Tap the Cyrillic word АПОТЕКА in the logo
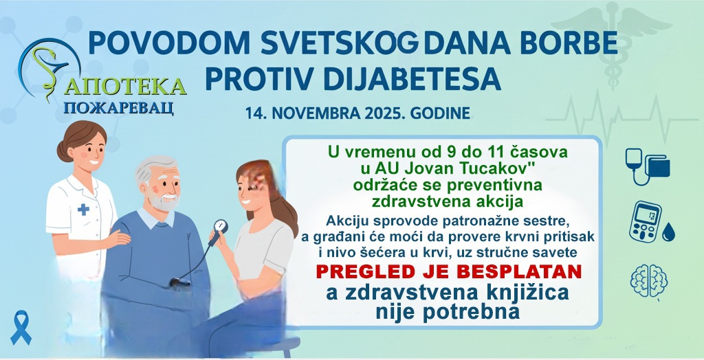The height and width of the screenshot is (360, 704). pos(129,87)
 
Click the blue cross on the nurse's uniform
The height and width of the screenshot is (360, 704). pos(83,209)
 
